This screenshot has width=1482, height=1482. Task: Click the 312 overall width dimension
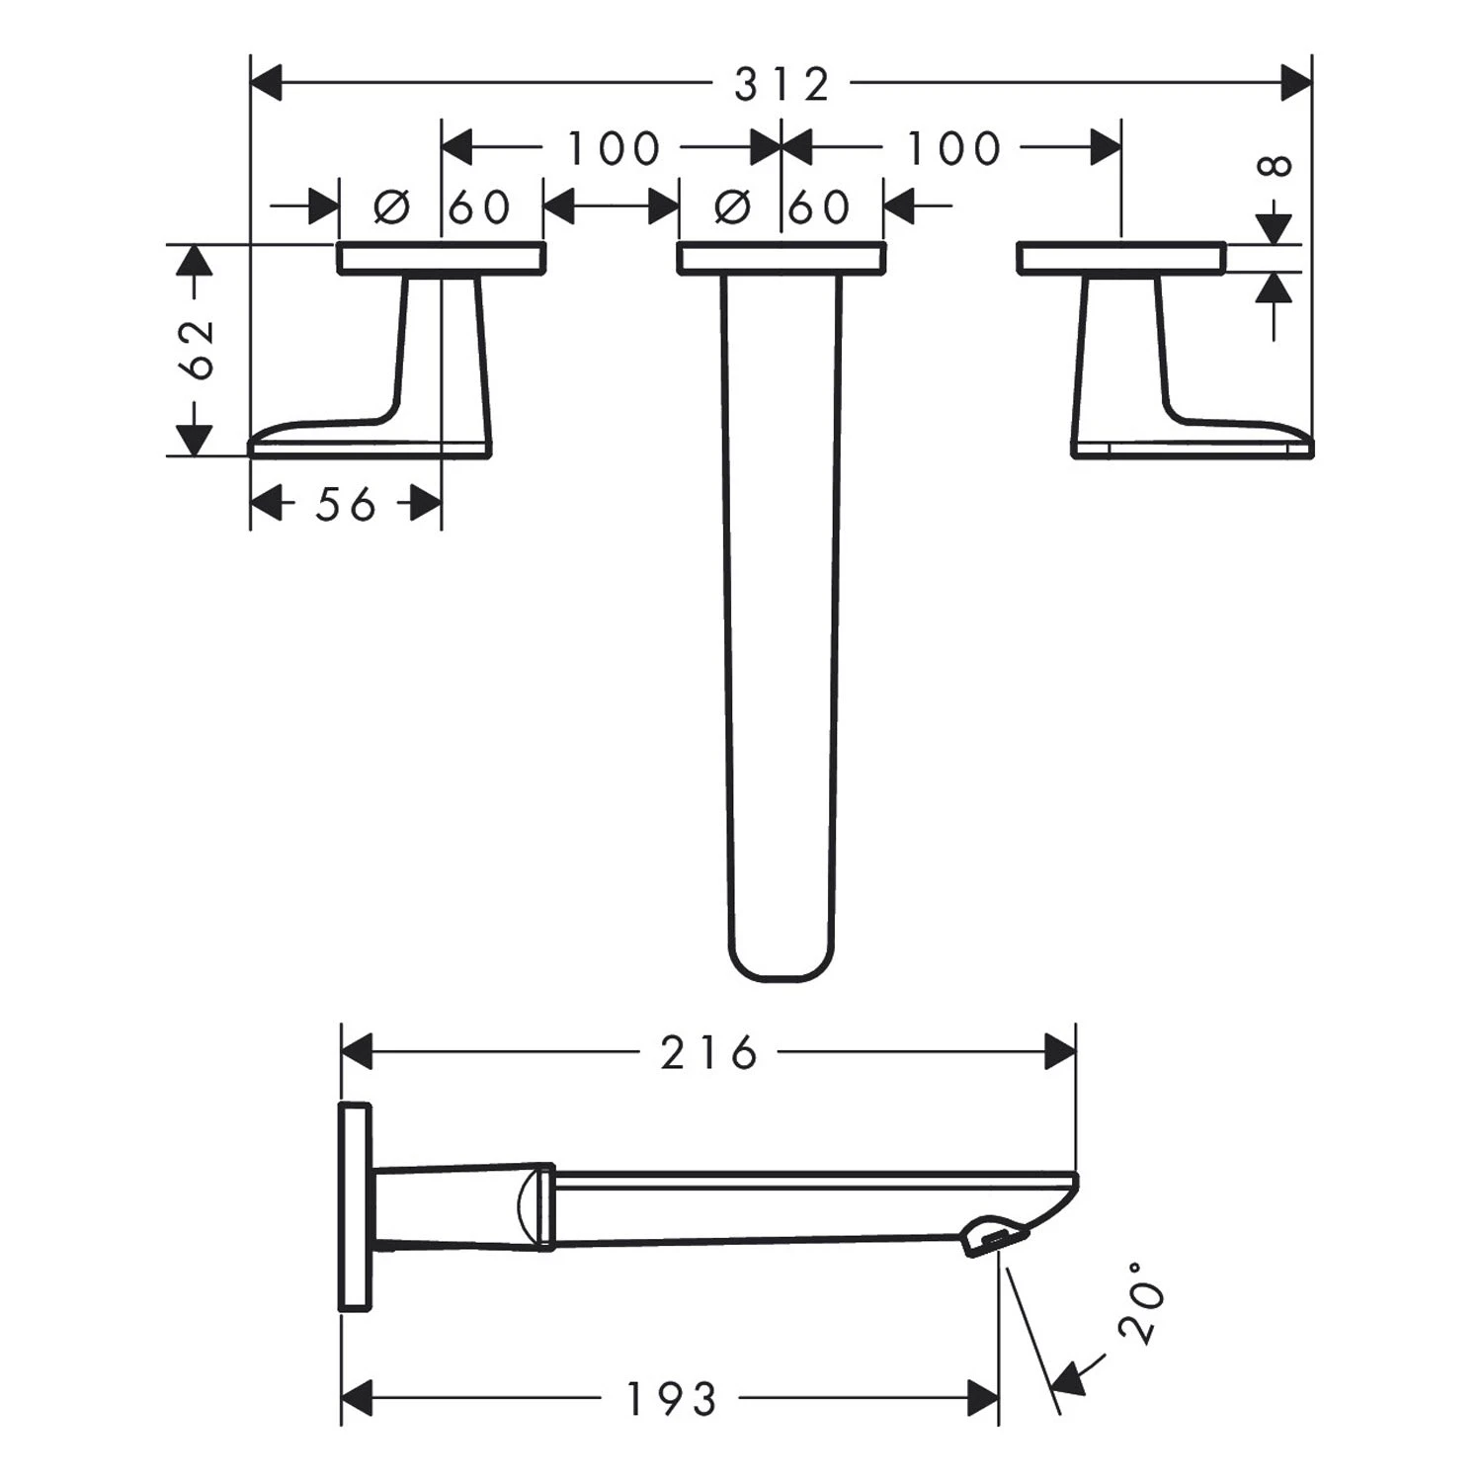tap(782, 84)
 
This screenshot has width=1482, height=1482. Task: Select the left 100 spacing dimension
tap(613, 148)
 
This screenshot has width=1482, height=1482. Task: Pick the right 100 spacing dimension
tap(953, 148)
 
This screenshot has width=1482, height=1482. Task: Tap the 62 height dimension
tap(199, 350)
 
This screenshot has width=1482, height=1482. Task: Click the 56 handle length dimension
tap(346, 505)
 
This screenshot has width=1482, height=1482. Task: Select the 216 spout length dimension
tap(708, 1052)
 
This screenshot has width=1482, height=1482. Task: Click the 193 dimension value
tap(671, 1398)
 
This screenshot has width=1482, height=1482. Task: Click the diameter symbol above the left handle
tap(392, 206)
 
